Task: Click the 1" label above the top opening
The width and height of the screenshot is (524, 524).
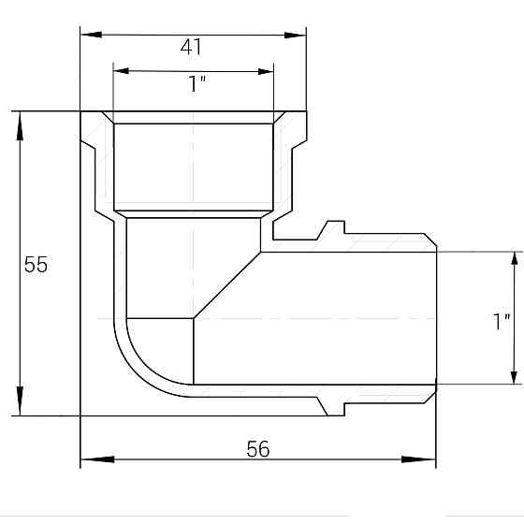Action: (x=196, y=84)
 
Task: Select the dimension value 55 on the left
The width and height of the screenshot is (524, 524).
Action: (x=36, y=265)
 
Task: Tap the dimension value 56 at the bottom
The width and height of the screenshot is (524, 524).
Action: (x=258, y=449)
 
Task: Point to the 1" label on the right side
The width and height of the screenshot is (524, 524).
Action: (x=502, y=321)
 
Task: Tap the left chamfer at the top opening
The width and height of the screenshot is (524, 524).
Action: (x=109, y=118)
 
